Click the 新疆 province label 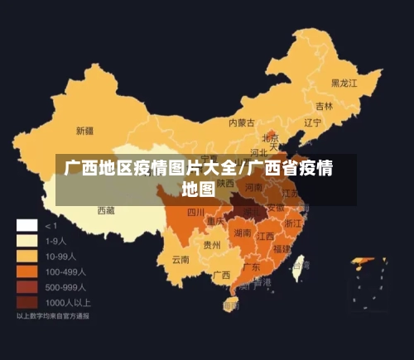point(84,131)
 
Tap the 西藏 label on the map point(107,211)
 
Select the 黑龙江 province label point(344,83)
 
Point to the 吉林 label point(324,107)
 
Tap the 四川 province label point(195,213)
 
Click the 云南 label point(181,259)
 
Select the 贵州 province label point(212,245)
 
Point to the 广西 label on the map point(221,275)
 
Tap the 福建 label point(282,248)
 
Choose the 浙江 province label point(292,223)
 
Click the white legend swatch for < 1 point(27,225)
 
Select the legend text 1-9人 point(55,241)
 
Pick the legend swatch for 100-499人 point(27,271)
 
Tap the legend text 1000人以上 point(68,302)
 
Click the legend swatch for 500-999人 point(27,287)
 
